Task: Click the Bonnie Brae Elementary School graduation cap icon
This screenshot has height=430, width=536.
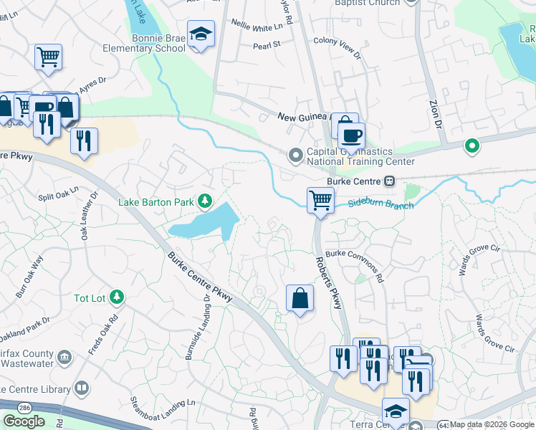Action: click(201, 34)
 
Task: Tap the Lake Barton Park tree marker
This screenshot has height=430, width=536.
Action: click(206, 201)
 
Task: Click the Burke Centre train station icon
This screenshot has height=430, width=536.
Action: click(390, 181)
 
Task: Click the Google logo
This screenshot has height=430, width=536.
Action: click(24, 421)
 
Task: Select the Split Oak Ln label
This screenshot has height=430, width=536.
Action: click(57, 196)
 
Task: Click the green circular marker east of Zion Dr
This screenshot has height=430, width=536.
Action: click(472, 146)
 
